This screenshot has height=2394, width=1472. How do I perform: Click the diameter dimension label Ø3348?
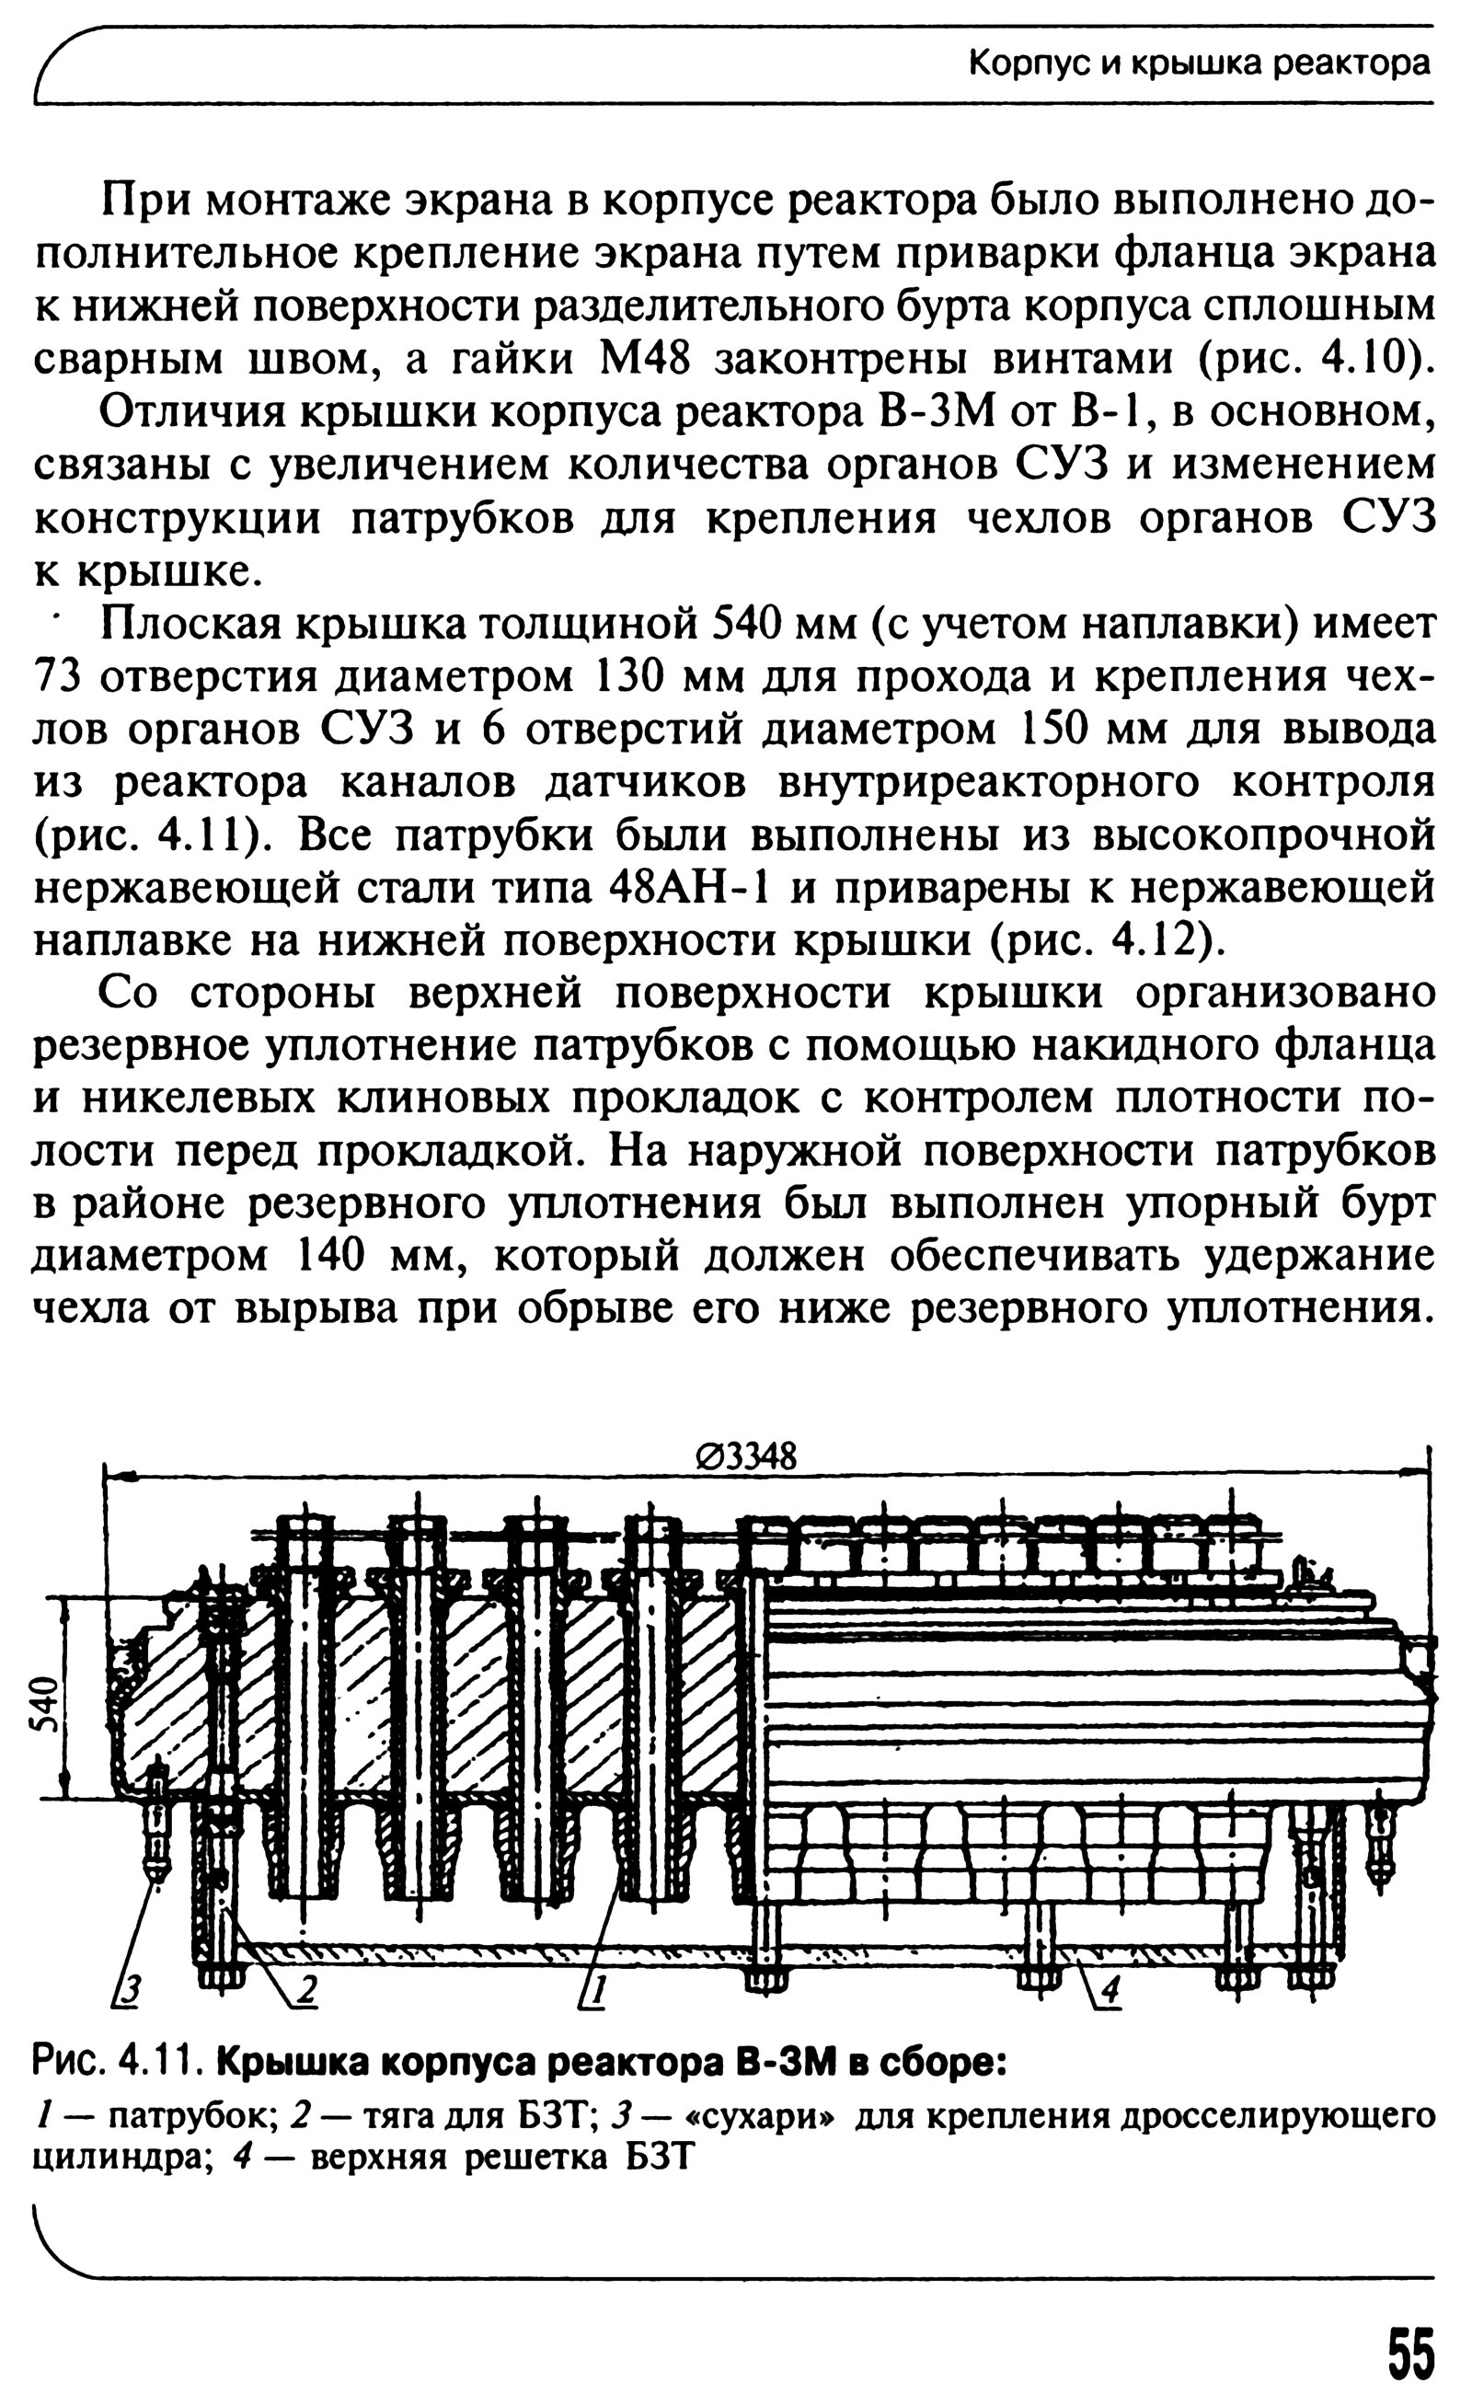click(x=746, y=1457)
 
